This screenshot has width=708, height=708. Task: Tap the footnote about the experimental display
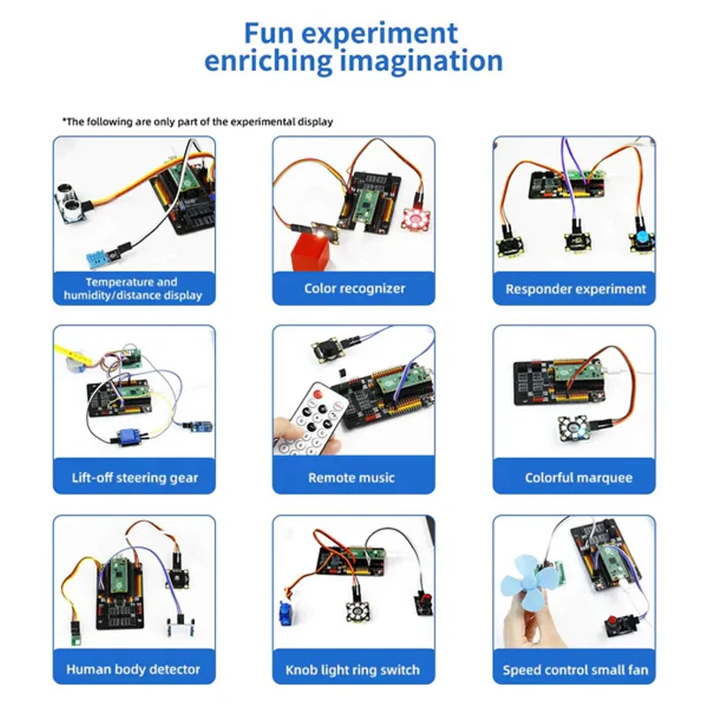(197, 121)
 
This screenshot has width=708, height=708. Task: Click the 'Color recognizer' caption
(354, 289)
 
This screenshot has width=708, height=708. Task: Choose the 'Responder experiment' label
(575, 289)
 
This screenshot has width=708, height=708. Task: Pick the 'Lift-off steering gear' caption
(135, 478)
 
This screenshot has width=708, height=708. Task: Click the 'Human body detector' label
(134, 669)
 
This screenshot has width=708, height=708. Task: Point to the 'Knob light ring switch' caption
(352, 669)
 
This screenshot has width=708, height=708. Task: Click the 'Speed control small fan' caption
(575, 669)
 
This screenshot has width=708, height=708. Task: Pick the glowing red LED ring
(413, 218)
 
